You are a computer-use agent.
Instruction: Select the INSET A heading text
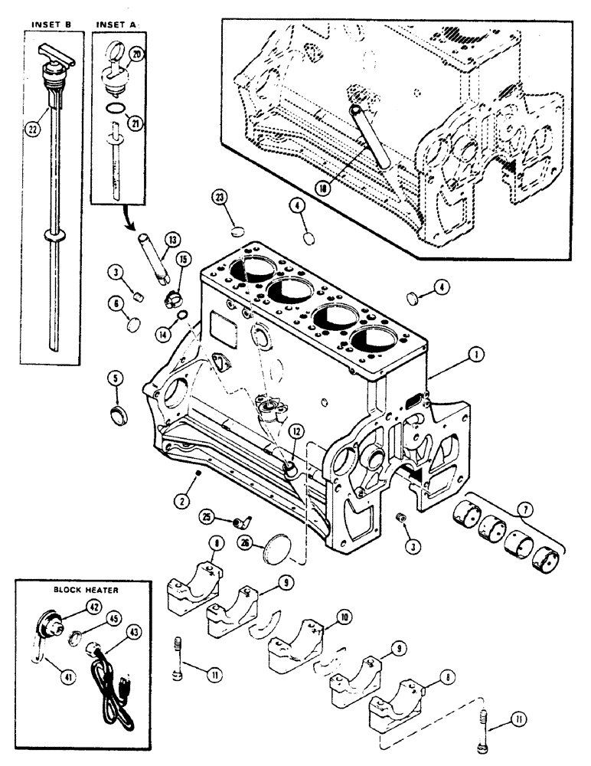(116, 25)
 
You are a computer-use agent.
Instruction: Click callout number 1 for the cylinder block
(476, 354)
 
